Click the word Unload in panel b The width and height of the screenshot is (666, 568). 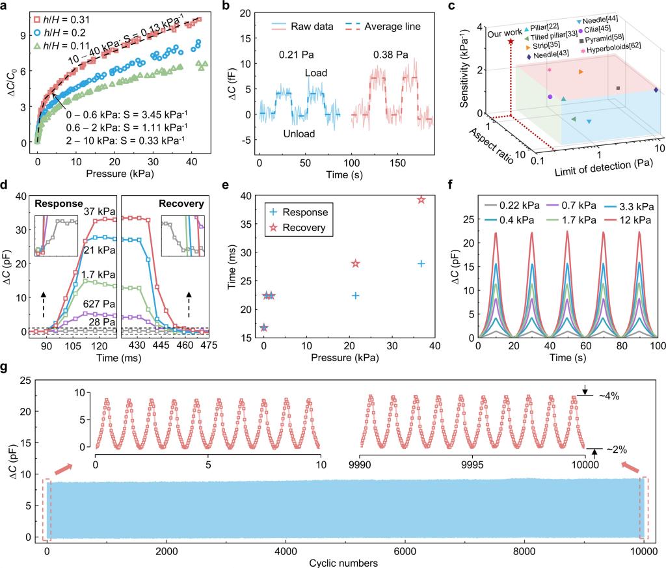click(x=299, y=134)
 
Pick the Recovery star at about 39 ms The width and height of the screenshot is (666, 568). click(x=421, y=200)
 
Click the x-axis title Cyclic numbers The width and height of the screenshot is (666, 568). click(x=345, y=562)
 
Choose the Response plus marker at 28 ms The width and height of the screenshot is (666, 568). click(x=421, y=264)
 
